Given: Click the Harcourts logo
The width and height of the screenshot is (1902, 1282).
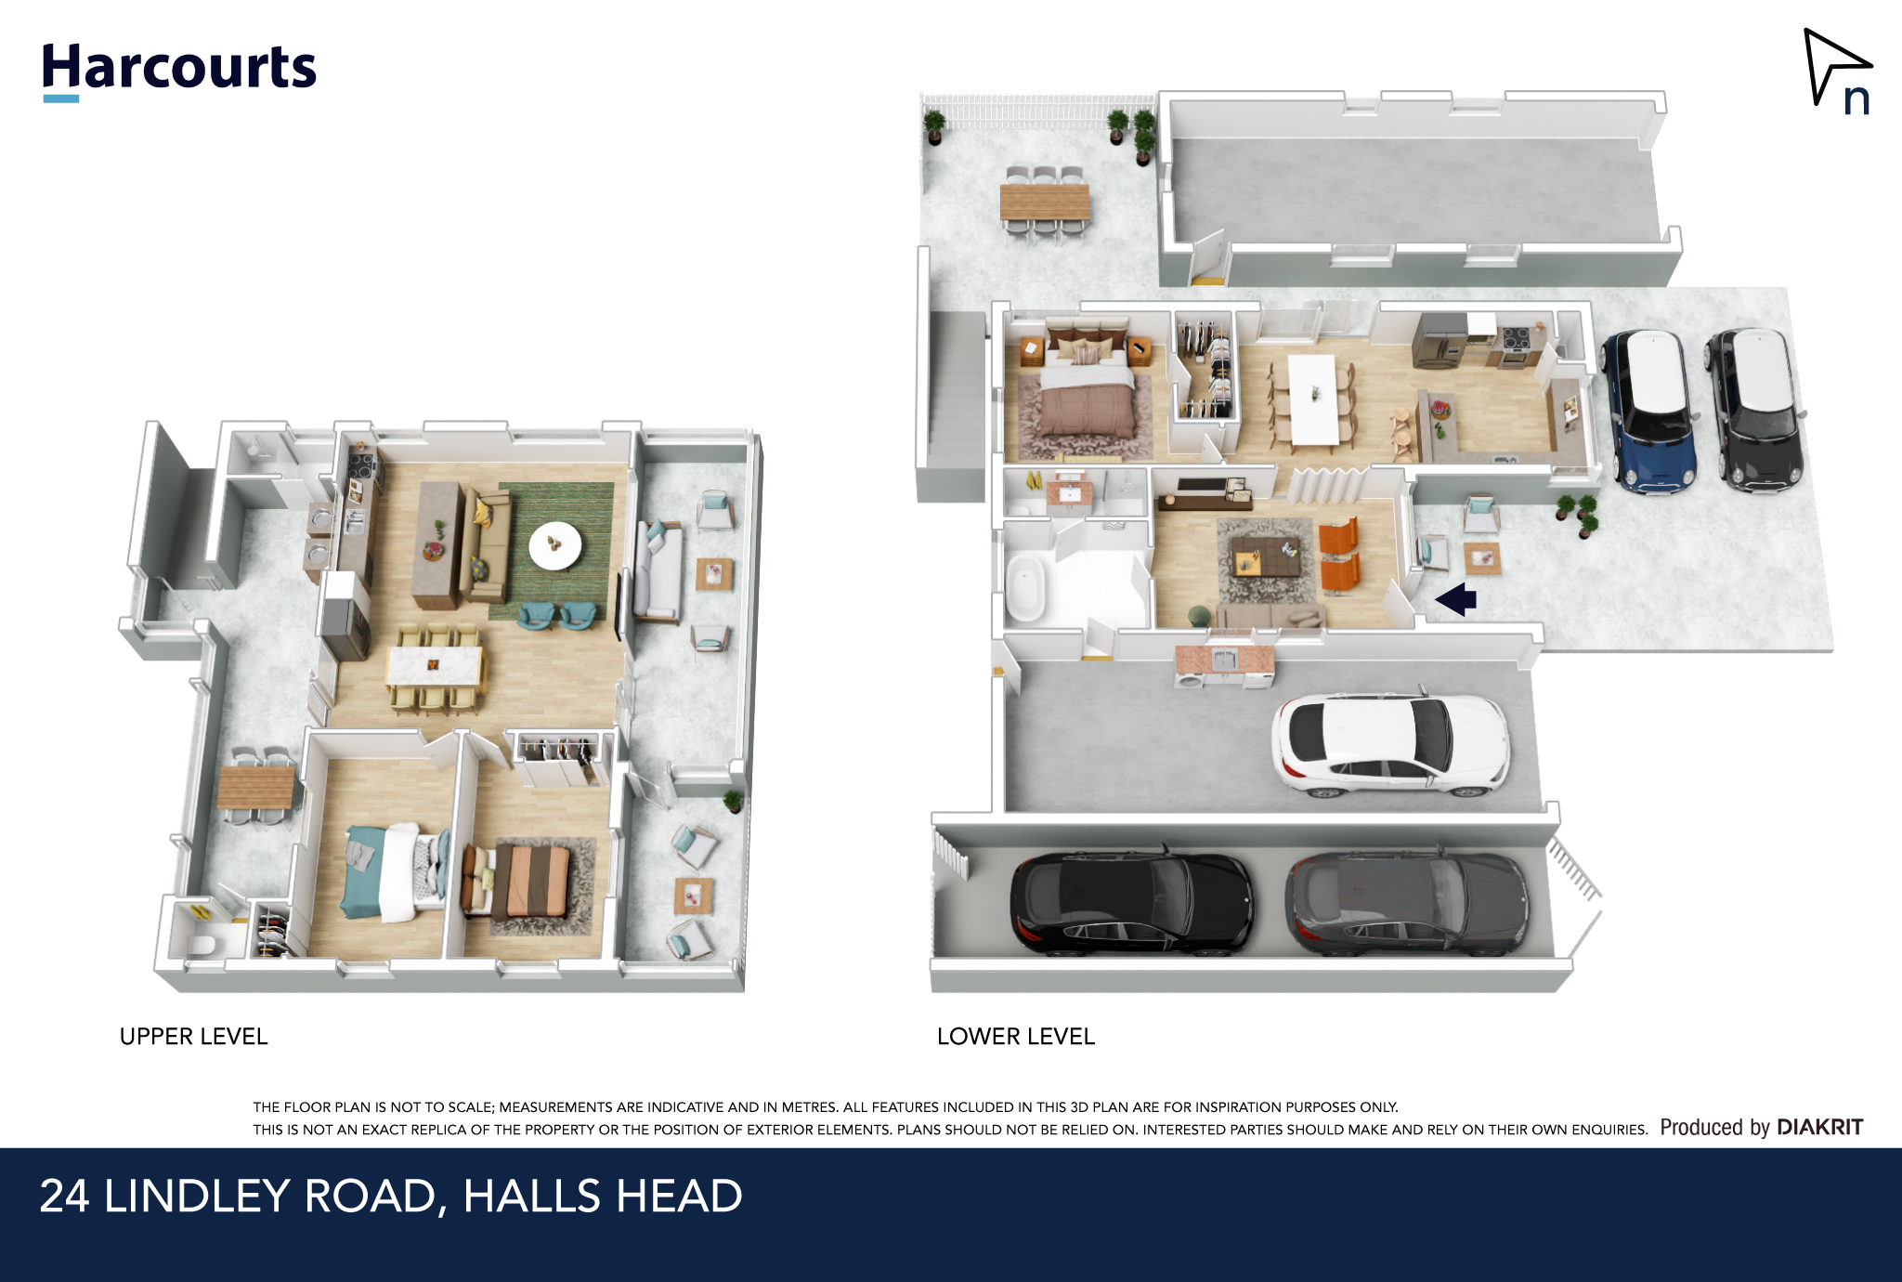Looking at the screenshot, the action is coord(179,71).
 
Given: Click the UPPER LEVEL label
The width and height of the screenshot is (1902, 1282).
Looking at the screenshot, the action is coord(193,1037).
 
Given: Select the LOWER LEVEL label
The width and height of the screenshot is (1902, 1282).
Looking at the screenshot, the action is coord(1016,1037).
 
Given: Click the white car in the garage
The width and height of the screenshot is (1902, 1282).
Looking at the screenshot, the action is coord(1390,744).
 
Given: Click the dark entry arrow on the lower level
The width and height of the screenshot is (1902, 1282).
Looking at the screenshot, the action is coord(1456,599).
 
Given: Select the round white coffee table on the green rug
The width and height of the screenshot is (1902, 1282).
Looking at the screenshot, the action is coord(555,545).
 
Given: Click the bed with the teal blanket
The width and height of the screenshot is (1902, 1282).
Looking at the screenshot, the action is coord(393,871).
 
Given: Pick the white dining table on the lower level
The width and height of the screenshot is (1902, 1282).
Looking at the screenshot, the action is coord(1313,399).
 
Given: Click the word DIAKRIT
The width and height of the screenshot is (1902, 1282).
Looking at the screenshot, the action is coord(1819,1127).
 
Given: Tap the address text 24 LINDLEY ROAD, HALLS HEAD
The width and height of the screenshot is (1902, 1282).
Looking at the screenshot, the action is coord(391,1196).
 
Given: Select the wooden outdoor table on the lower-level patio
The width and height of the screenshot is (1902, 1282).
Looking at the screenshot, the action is coord(1045,202).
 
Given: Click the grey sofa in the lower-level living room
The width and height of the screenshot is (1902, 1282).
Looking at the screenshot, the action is coord(1270,615).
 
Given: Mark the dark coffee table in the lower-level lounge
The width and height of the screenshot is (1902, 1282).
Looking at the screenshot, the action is coord(1265,557).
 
